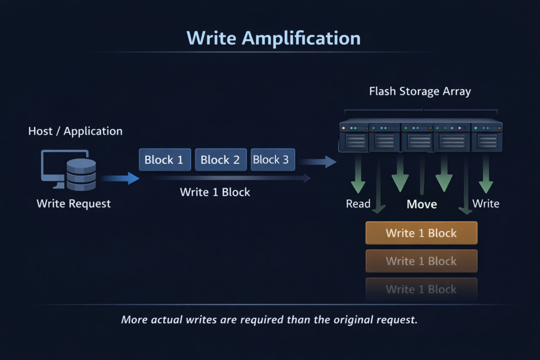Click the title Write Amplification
point(274,38)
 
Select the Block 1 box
point(164,160)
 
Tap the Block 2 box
point(220,160)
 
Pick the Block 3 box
point(272,160)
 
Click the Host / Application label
point(75,131)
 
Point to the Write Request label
point(74,203)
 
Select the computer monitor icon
point(55,168)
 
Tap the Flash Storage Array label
point(420,91)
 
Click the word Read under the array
point(358,203)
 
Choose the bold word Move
point(422,204)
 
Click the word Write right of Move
point(486,203)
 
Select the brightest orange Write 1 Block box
point(421,233)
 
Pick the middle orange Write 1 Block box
point(421,261)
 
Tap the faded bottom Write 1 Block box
point(421,289)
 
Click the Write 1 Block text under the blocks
point(215,192)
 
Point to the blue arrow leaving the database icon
point(120,179)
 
